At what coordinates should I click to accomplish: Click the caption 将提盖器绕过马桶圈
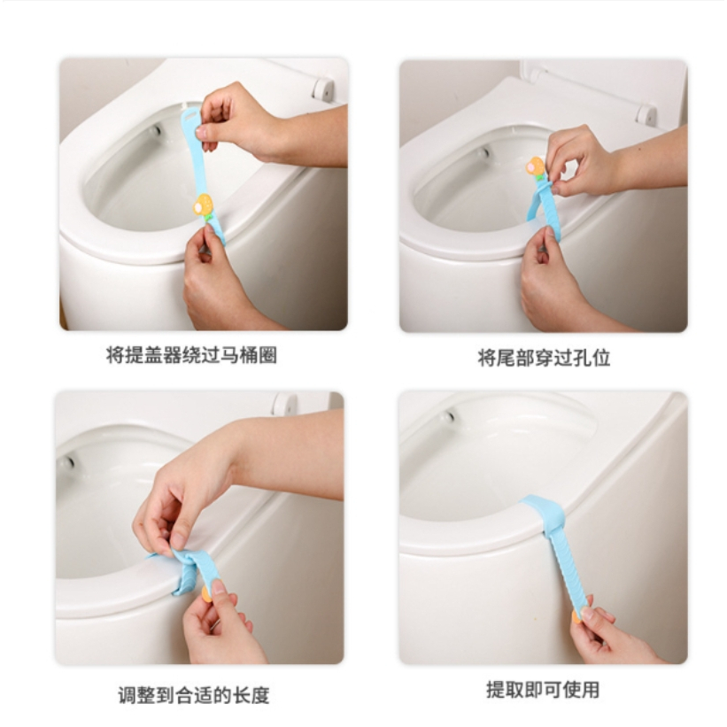(x=191, y=356)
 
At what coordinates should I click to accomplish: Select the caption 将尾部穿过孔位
(x=544, y=358)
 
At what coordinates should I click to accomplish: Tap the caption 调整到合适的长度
(x=194, y=695)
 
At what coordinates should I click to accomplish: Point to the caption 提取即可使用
(x=543, y=690)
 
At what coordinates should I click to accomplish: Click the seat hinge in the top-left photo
(x=323, y=89)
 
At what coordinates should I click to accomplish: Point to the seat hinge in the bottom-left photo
(x=284, y=403)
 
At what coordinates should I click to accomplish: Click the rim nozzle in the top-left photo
(x=156, y=130)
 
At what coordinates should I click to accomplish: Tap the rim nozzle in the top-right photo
(x=484, y=152)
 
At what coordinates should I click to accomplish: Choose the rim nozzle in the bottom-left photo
(x=68, y=462)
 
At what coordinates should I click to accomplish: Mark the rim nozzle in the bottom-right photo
(x=448, y=416)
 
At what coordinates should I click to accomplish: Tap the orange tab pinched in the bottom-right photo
(x=576, y=615)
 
